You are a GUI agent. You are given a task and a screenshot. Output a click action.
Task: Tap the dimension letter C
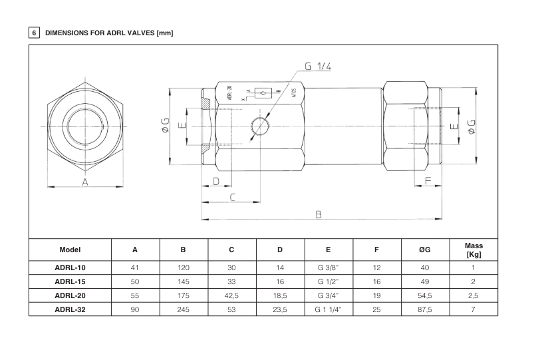[232, 197]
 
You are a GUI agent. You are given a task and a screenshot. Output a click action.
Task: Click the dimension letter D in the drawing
[215, 181]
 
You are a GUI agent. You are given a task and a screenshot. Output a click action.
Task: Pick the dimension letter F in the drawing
[428, 180]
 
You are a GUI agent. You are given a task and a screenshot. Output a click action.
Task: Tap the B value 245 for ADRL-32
[184, 309]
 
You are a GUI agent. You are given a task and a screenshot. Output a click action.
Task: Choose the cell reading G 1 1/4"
[329, 309]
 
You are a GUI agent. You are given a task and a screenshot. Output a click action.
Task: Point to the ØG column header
[426, 250]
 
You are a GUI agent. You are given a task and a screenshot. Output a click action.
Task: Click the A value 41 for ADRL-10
[135, 268]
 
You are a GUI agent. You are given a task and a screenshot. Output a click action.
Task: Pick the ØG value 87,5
[426, 309]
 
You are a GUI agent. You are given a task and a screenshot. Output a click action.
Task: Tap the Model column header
[70, 250]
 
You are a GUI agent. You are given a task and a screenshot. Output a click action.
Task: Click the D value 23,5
[280, 309]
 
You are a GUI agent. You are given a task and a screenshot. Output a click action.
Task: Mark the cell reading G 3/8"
[329, 268]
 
